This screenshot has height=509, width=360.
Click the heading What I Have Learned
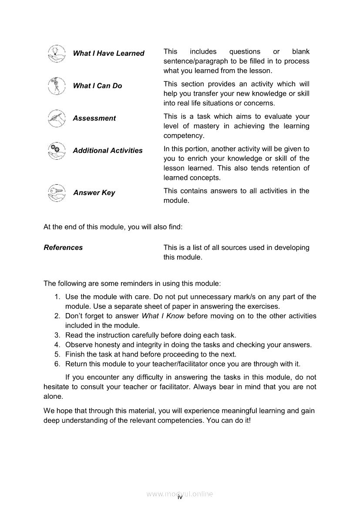coord(108,53)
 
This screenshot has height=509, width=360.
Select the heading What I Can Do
coord(98,86)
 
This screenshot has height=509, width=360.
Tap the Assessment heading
coord(94,118)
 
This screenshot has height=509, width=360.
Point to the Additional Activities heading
coord(108,150)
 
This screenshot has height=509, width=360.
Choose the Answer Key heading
coord(94,192)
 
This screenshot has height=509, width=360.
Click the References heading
coord(63,247)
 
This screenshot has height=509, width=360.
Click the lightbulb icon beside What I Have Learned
coord(56,54)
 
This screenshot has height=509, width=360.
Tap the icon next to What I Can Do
coord(56,86)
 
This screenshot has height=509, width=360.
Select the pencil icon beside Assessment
coord(56,118)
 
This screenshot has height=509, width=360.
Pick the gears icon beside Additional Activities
coord(56,151)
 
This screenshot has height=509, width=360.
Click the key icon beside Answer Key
coord(56,193)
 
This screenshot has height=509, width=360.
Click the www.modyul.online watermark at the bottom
coord(180,494)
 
